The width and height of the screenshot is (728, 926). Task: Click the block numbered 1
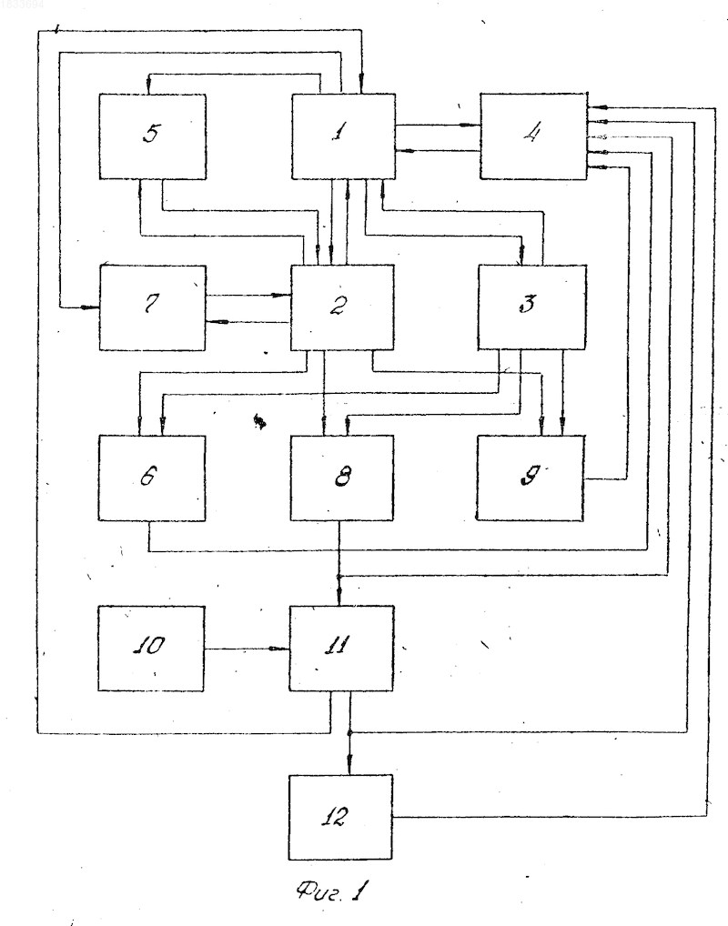pyautogui.click(x=343, y=136)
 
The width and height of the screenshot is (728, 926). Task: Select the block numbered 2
pyautogui.click(x=342, y=307)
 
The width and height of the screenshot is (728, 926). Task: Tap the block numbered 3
pyautogui.click(x=531, y=307)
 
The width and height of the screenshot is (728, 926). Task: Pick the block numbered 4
pyautogui.click(x=533, y=136)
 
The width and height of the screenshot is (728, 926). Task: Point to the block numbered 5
pyautogui.click(x=153, y=136)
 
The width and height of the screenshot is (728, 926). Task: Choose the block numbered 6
pyautogui.click(x=152, y=478)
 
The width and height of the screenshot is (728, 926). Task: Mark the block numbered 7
pyautogui.click(x=153, y=307)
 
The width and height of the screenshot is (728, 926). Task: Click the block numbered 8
pyautogui.click(x=341, y=478)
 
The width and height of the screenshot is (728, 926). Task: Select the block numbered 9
pyautogui.click(x=530, y=478)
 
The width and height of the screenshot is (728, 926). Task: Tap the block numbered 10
pyautogui.click(x=151, y=649)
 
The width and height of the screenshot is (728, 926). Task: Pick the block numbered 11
pyautogui.click(x=341, y=649)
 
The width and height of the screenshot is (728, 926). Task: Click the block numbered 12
pyautogui.click(x=340, y=818)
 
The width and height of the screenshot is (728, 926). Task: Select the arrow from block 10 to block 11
pyautogui.click(x=247, y=649)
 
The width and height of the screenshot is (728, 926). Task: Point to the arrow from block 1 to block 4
pyautogui.click(x=438, y=126)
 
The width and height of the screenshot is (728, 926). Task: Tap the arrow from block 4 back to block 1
pyautogui.click(x=438, y=151)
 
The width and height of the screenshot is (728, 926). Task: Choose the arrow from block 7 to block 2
pyautogui.click(x=248, y=295)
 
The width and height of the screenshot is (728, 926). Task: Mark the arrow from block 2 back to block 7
pyautogui.click(x=248, y=322)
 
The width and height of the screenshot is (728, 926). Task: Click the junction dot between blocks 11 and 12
pyautogui.click(x=349, y=732)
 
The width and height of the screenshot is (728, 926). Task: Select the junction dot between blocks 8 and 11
pyautogui.click(x=339, y=576)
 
